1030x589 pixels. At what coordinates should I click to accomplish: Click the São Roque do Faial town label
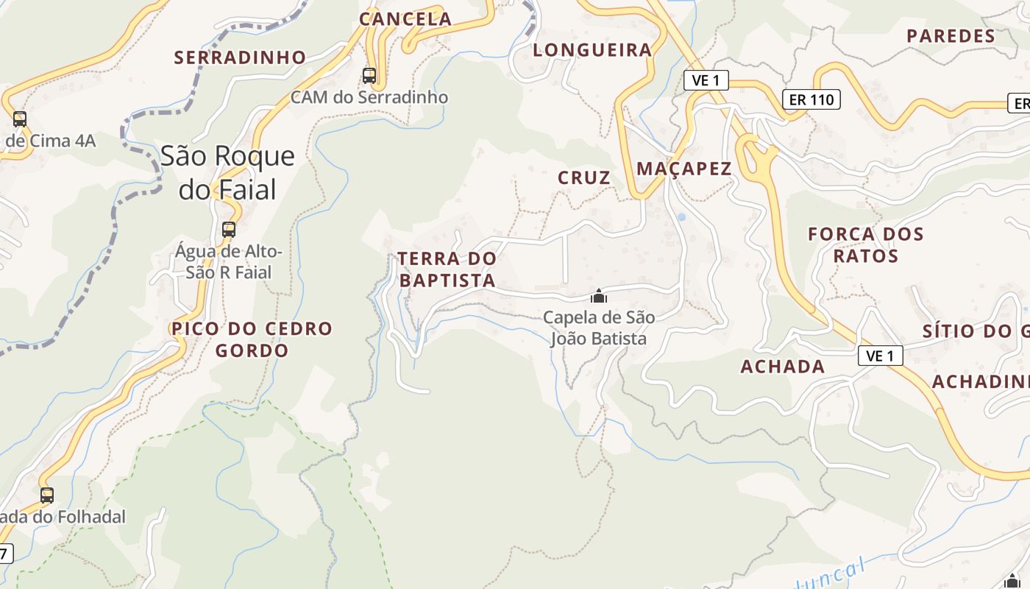tap(227, 172)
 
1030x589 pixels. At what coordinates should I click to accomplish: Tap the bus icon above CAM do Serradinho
tap(369, 75)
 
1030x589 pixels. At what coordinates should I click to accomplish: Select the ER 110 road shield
tap(811, 99)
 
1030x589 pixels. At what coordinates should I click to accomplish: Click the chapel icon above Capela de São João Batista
tap(599, 296)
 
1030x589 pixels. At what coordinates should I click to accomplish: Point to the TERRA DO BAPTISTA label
tap(447, 269)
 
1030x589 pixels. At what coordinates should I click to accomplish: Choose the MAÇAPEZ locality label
tap(684, 169)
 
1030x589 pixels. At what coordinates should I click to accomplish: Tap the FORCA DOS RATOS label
tap(866, 245)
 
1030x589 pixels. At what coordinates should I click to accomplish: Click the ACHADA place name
tap(783, 367)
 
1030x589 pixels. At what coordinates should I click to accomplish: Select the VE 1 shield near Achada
tap(880, 356)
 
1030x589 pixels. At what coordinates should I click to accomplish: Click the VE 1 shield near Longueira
tap(706, 80)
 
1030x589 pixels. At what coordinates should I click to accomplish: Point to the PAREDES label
tap(951, 36)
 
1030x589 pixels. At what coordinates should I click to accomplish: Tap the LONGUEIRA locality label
tap(592, 50)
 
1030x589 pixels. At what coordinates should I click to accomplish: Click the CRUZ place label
tap(584, 177)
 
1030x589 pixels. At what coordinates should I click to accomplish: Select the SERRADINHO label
tap(240, 57)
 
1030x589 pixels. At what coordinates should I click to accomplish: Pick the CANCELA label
tap(405, 19)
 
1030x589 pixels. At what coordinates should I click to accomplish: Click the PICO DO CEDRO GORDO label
tap(252, 339)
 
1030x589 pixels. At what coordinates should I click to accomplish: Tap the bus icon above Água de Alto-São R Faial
tap(229, 229)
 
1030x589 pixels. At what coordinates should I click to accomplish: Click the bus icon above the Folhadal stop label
tap(47, 495)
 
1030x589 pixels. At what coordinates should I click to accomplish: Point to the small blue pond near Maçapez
tap(681, 217)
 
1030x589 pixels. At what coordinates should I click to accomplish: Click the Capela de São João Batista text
tap(599, 328)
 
